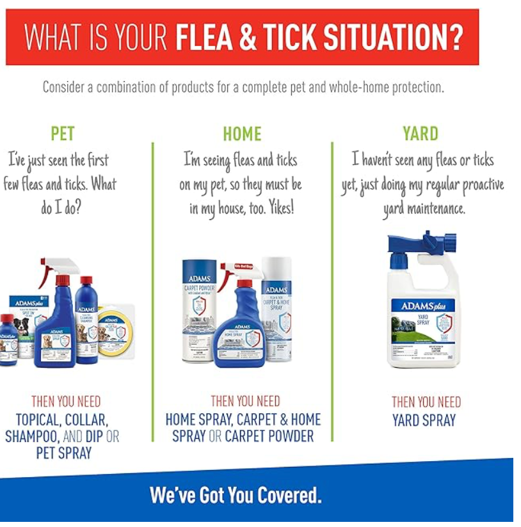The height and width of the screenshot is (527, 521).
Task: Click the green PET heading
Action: [x=63, y=134]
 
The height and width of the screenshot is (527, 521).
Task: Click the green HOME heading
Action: [x=242, y=134]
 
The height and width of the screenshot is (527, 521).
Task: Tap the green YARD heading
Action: [x=421, y=134]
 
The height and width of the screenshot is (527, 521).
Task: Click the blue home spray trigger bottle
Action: [x=239, y=326]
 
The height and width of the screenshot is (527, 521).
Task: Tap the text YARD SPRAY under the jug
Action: [x=424, y=420]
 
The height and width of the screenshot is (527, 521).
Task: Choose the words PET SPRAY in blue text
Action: [x=64, y=453]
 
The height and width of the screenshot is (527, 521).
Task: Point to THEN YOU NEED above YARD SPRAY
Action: [x=426, y=402]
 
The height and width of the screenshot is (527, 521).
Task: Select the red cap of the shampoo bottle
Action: [x=86, y=281]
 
